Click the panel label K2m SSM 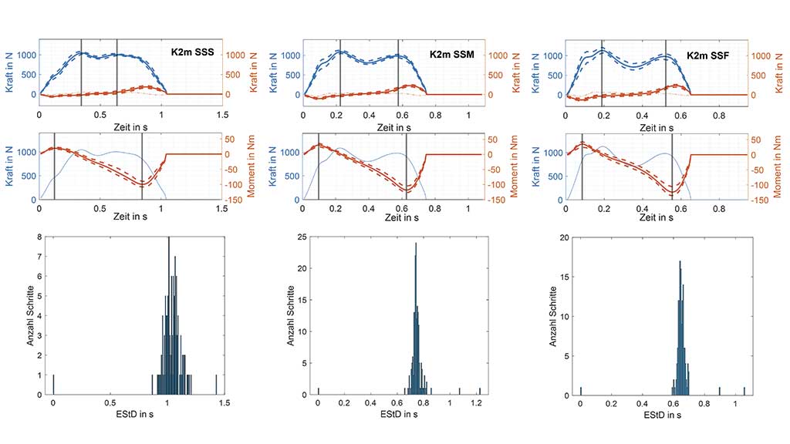pyautogui.click(x=451, y=55)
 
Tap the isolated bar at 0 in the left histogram pyautogui.click(x=53, y=385)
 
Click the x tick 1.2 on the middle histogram pyautogui.click(x=479, y=402)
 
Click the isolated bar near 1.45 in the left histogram pyautogui.click(x=216, y=385)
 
